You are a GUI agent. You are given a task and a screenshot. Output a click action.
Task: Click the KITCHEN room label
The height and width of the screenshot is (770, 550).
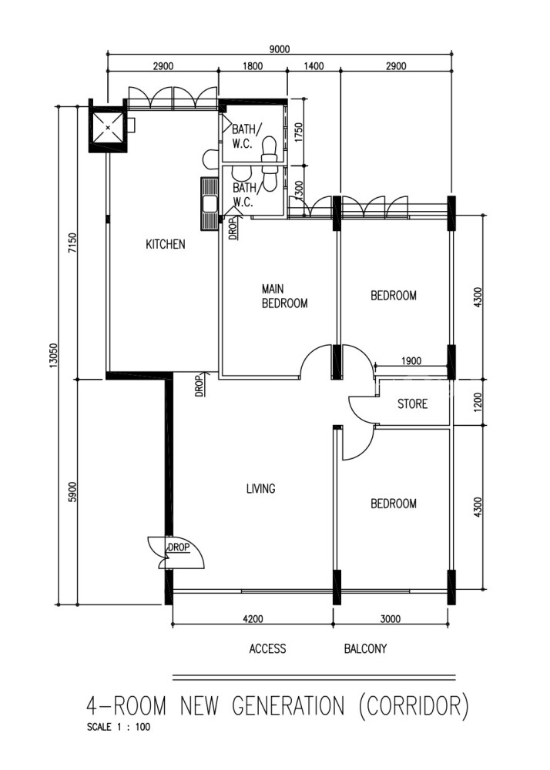[x=166, y=244]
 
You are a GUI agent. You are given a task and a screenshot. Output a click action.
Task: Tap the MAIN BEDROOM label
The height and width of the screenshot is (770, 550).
[x=284, y=296]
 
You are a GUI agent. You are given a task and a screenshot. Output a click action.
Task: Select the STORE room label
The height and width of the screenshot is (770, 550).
[x=413, y=403]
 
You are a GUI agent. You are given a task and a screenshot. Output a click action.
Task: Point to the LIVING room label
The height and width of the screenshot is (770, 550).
[x=261, y=489]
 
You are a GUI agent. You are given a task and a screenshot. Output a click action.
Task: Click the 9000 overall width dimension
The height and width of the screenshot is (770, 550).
[x=280, y=49]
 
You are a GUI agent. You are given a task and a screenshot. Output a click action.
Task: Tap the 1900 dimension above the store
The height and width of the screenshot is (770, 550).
[x=411, y=361]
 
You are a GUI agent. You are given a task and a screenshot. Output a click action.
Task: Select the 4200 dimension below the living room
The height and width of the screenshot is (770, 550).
[x=253, y=619]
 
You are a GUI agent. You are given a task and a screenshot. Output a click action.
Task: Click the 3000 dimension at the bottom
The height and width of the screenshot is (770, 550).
[x=391, y=619]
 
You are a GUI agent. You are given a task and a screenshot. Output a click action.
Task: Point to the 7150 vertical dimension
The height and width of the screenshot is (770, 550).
[x=72, y=243]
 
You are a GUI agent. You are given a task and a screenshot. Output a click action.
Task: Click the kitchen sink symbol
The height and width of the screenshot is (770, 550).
[x=210, y=203]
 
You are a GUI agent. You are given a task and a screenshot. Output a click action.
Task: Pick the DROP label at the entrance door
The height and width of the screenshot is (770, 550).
[x=178, y=547]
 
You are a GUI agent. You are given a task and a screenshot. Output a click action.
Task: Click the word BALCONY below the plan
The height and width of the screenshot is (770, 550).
[x=365, y=648]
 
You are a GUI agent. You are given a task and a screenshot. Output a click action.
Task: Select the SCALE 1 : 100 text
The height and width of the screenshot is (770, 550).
[x=119, y=728]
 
